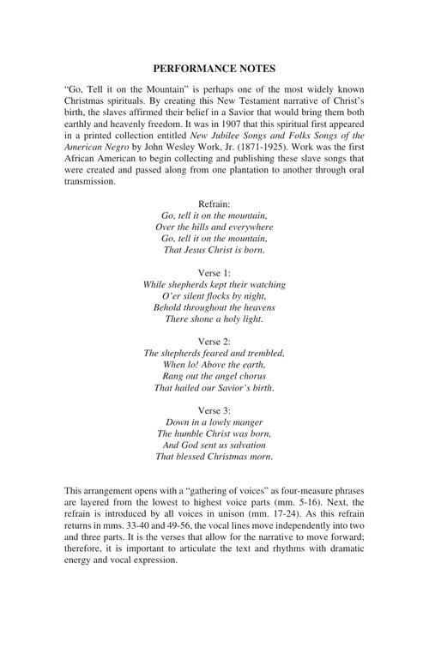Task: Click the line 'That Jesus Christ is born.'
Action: (x=214, y=250)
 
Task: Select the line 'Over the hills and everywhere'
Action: (x=214, y=227)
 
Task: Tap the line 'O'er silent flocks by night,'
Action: (x=214, y=296)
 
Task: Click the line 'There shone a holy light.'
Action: (x=214, y=319)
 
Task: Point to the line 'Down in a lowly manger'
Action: (x=214, y=423)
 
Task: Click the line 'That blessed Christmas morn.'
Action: (x=214, y=458)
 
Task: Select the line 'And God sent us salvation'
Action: (x=214, y=446)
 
